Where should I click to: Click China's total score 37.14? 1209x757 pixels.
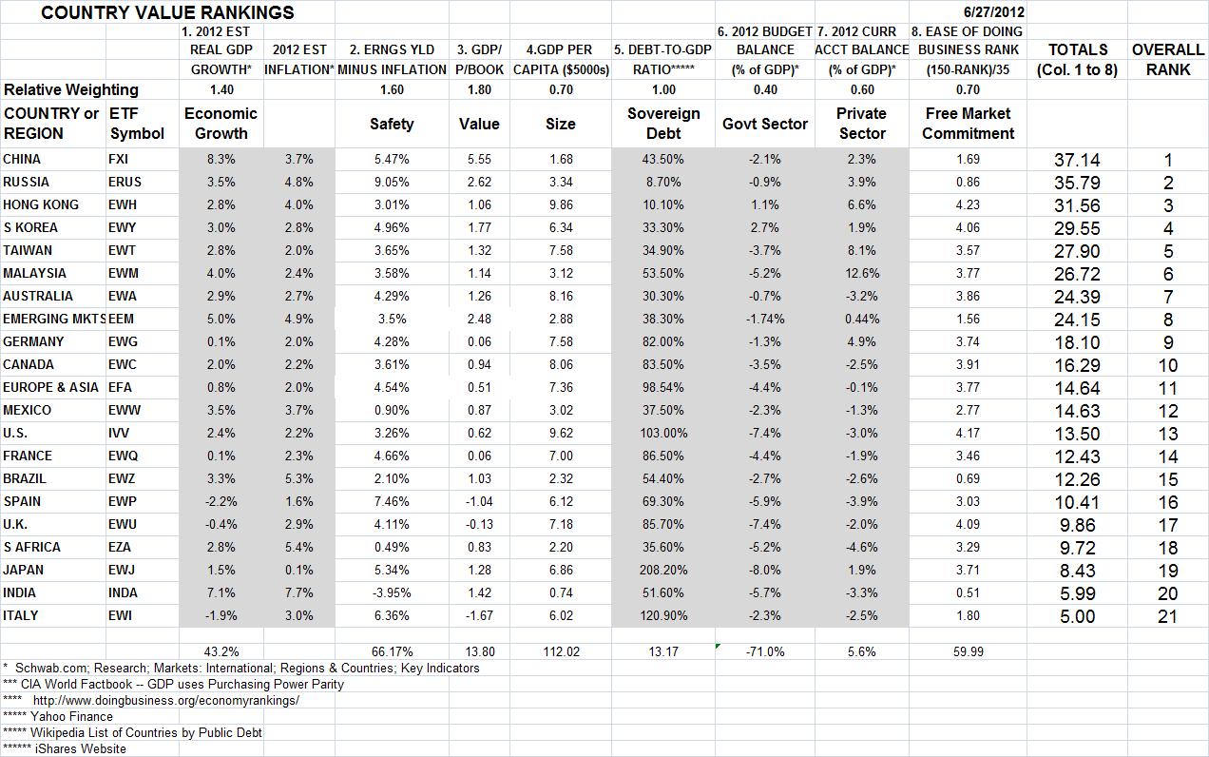[x=1077, y=160]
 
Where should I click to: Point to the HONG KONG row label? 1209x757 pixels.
[x=41, y=204]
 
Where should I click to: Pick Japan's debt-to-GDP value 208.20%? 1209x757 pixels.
[x=663, y=570]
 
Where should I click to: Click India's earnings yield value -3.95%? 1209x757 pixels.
[x=392, y=592]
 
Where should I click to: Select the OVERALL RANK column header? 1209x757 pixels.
[x=1168, y=59]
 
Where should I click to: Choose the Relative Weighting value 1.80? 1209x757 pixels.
[x=479, y=89]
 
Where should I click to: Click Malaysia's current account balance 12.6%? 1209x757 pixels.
[x=861, y=273]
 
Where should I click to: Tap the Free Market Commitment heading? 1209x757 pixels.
[x=968, y=124]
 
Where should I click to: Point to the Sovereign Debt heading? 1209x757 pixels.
[x=663, y=124]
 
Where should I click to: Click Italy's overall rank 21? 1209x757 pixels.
[x=1168, y=616]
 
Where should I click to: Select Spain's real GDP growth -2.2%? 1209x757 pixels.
[x=221, y=501]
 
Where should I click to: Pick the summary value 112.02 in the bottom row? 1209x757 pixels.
[x=561, y=651]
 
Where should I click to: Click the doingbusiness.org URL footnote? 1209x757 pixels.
[x=165, y=700]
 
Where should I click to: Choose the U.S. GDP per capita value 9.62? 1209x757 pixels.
[x=561, y=433]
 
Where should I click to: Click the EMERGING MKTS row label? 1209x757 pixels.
[x=53, y=319]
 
